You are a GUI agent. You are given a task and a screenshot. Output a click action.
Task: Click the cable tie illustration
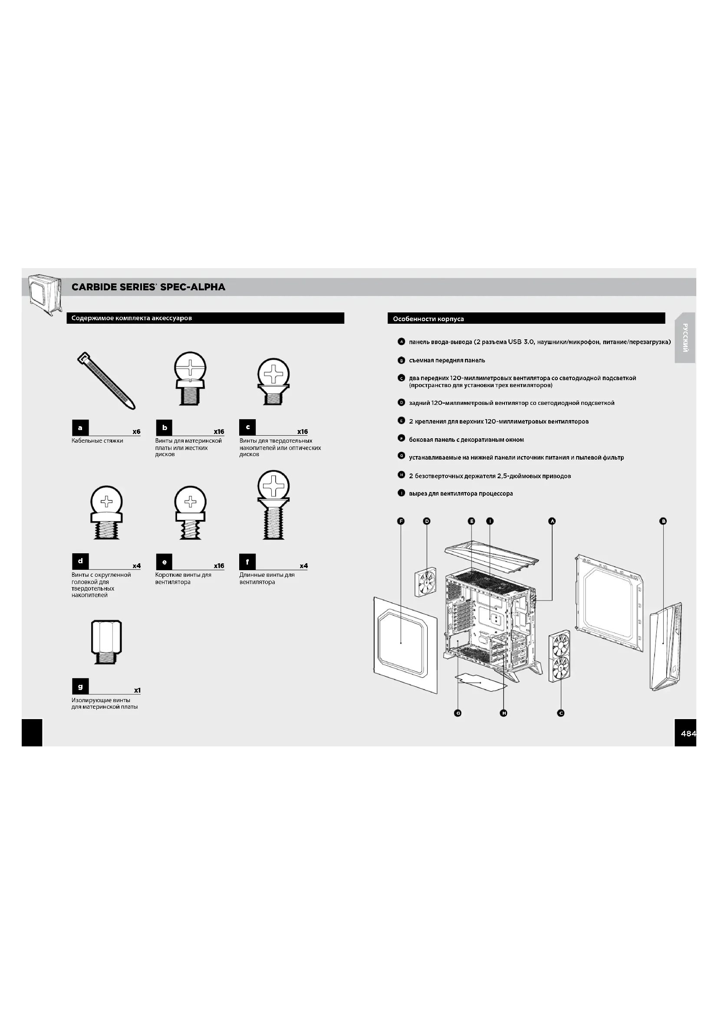tap(106, 380)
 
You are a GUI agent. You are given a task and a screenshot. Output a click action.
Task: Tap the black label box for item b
tap(164, 427)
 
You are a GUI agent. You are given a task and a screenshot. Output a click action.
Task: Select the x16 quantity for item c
tap(303, 431)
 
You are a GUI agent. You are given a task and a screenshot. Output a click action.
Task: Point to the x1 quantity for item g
tap(137, 690)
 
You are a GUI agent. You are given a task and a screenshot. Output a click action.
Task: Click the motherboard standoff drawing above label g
tap(106, 642)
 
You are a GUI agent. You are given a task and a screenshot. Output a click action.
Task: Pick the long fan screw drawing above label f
tap(273, 505)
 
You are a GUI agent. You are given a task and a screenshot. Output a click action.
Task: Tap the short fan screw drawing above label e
tap(190, 513)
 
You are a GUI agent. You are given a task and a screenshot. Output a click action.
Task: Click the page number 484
tap(688, 733)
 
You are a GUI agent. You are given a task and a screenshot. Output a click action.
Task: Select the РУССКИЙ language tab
tap(685, 338)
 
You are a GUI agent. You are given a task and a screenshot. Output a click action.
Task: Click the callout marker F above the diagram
tap(401, 521)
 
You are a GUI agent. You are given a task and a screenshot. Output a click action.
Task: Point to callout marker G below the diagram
tap(458, 713)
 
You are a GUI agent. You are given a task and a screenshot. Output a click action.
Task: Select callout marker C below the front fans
tap(560, 713)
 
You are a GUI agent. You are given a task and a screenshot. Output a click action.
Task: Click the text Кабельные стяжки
tap(97, 441)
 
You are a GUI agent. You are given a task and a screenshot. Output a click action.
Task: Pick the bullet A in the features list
tap(402, 342)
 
